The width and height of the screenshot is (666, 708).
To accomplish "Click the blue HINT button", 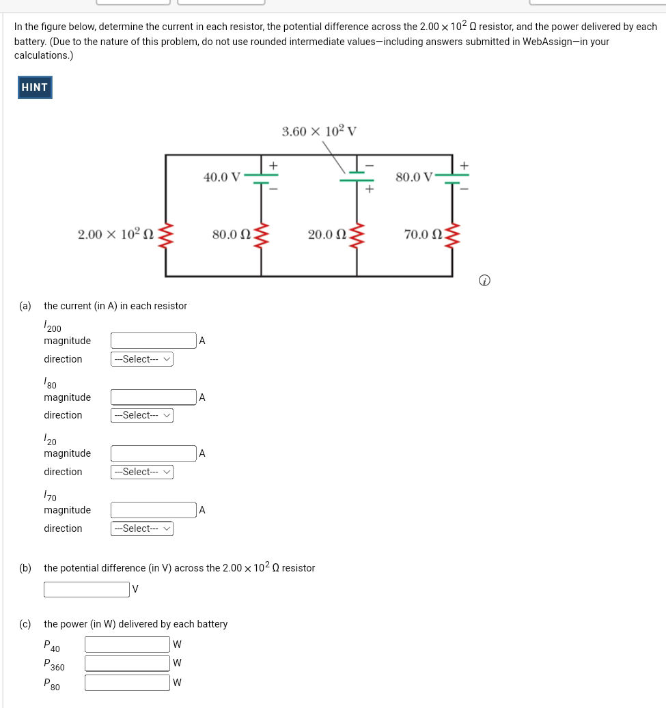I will (35, 87).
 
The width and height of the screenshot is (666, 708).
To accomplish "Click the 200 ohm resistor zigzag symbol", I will (166, 235).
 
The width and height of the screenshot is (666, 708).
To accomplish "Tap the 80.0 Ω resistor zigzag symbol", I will (262, 235).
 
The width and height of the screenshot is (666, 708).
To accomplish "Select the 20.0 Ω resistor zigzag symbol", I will (357, 235).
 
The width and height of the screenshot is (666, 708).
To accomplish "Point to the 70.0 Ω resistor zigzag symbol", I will (452, 235).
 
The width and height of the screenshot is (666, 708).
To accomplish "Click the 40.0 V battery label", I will (222, 178).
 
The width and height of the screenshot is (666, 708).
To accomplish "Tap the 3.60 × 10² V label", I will (319, 132).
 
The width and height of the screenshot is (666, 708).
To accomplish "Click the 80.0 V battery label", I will (414, 178).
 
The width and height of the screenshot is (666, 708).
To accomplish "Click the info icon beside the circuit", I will (484, 281).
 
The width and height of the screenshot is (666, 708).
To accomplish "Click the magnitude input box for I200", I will (154, 341).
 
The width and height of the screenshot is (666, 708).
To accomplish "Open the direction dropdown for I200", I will (142, 359).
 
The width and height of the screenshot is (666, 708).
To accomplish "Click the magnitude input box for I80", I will (154, 397).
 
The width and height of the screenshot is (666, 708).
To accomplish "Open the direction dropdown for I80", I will (142, 415).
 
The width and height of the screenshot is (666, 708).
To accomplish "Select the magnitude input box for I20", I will (154, 453).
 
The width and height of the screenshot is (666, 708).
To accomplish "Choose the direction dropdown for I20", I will (142, 472).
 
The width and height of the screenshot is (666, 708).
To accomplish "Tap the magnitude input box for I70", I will (154, 510).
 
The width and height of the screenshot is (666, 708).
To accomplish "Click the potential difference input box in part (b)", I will (86, 589).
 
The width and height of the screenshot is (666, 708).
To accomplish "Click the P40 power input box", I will (127, 645).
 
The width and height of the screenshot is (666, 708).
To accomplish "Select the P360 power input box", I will (127, 663).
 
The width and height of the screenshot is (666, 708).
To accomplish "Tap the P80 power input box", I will (127, 683).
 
